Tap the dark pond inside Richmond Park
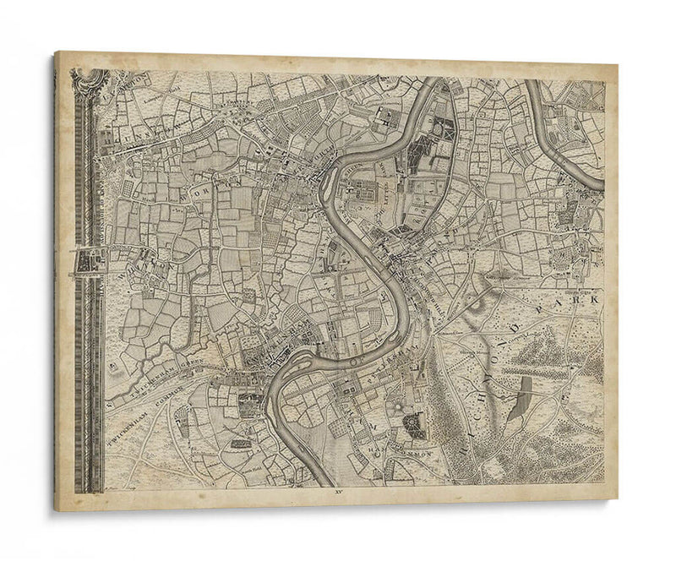click(x=525, y=388)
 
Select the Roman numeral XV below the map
click(x=337, y=491)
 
